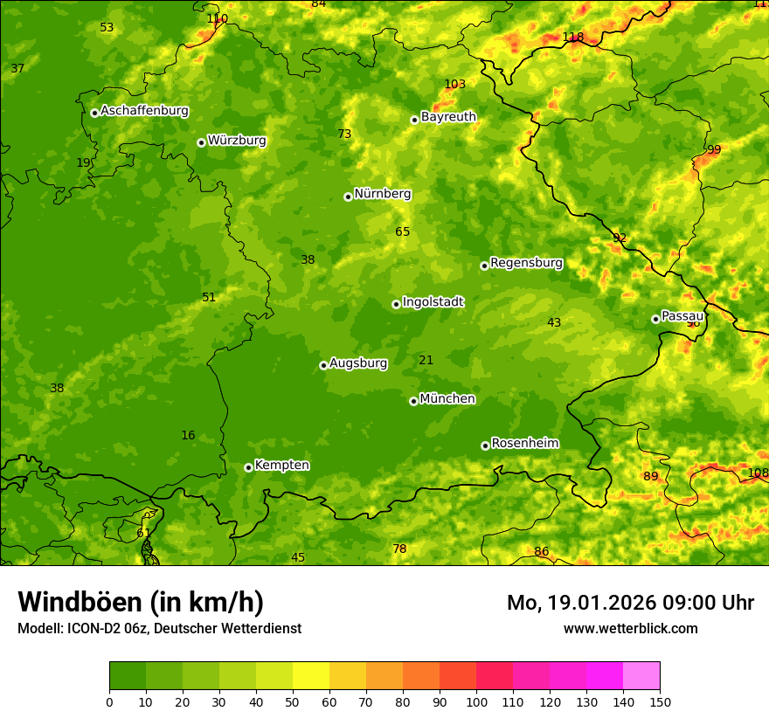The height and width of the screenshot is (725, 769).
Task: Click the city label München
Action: coord(447,399)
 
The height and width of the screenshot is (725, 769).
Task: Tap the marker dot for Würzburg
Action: coord(201,142)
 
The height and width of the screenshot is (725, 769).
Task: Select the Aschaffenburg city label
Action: coord(144,111)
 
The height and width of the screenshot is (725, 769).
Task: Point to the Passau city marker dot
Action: coord(655,319)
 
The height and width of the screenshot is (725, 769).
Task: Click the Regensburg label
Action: coord(526,263)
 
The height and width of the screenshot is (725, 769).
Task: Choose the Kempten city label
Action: coord(281,466)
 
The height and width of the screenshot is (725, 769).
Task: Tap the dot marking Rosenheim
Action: coord(485,445)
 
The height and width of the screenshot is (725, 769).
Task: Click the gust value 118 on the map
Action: coord(572,37)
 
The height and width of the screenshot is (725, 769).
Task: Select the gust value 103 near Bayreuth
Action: coord(454,84)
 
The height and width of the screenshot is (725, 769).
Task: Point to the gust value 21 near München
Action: coord(426,360)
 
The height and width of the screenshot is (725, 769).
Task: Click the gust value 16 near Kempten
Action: coord(188,435)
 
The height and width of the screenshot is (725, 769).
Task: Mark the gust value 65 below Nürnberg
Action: coord(402,231)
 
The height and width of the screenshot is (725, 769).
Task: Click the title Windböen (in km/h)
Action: coord(141,602)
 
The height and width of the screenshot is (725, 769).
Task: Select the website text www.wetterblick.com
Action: coord(630,628)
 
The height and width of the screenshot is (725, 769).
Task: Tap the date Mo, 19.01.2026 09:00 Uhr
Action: coord(630,603)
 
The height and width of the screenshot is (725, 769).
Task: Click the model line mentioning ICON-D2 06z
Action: coord(159,629)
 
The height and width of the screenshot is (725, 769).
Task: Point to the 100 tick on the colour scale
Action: coord(476,701)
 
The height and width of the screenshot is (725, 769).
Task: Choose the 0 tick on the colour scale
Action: coord(109,701)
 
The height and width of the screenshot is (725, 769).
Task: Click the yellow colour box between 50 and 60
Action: coord(311,676)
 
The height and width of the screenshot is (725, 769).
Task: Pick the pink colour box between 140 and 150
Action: coord(641,676)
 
